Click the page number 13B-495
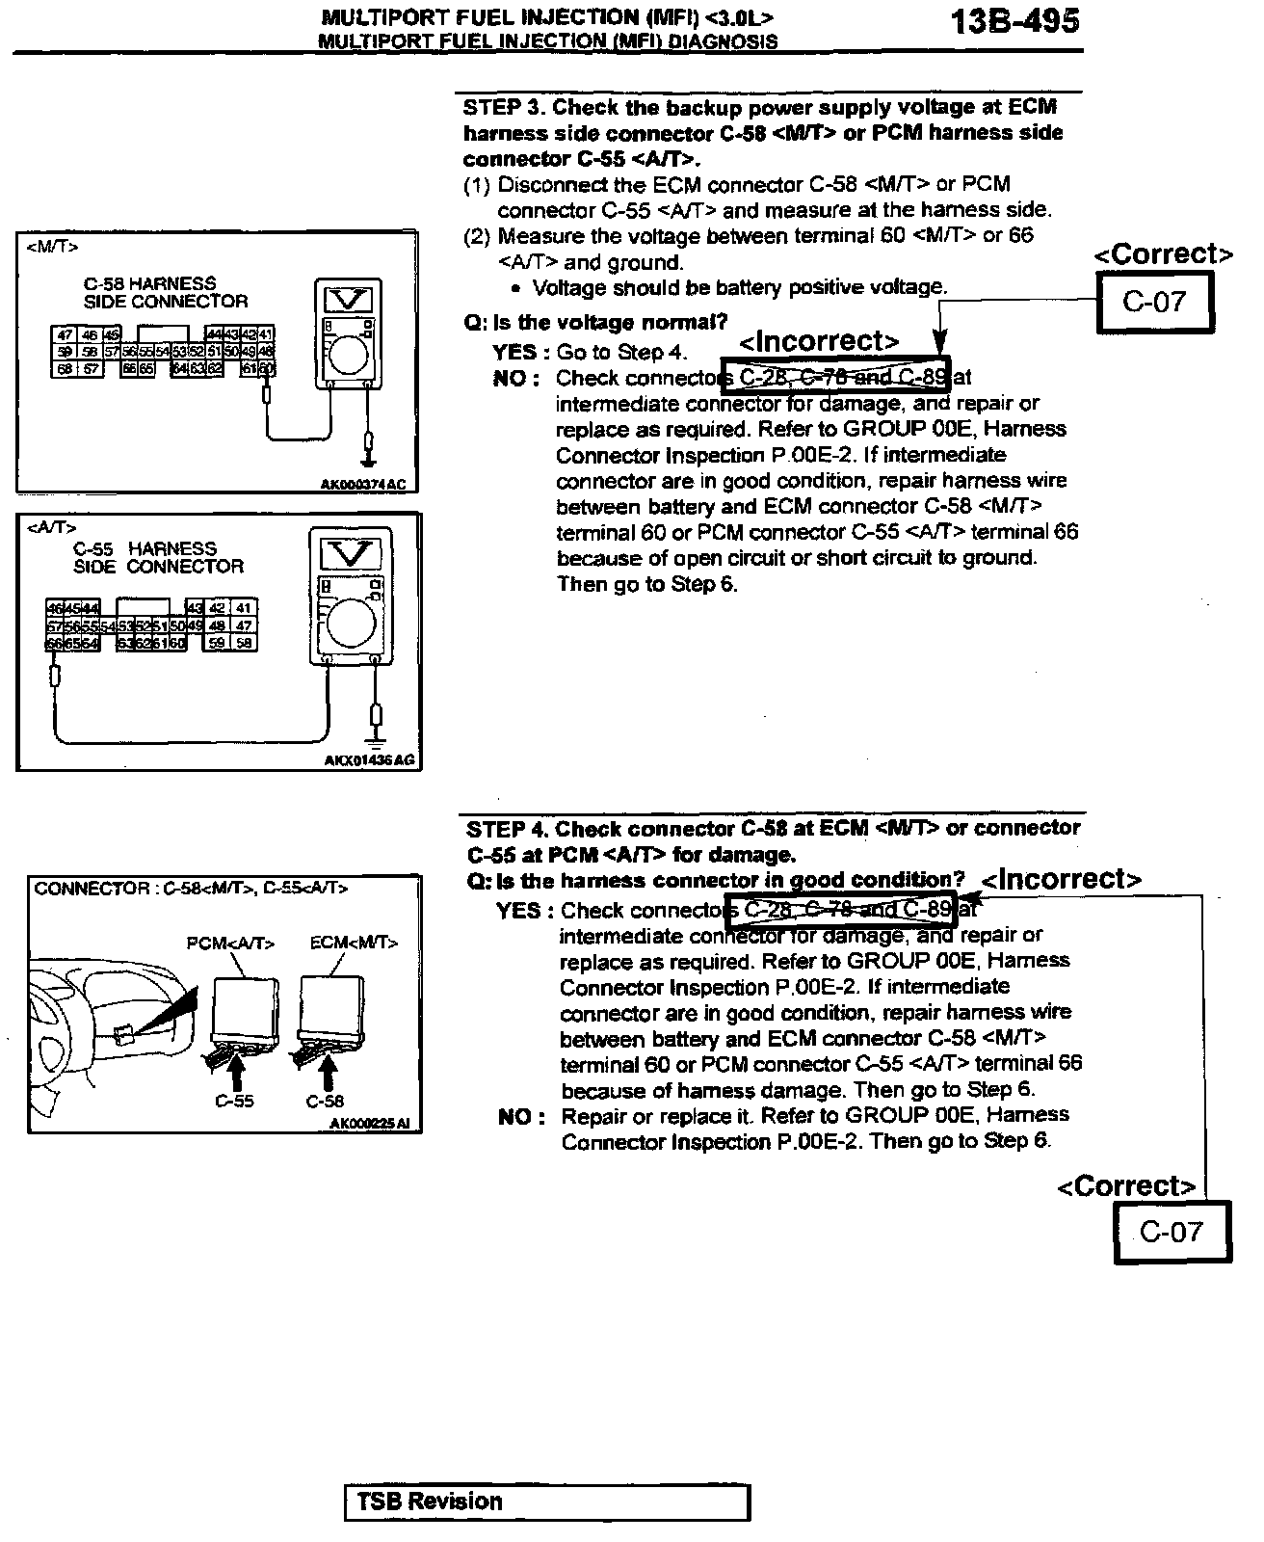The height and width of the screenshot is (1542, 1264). click(x=1014, y=21)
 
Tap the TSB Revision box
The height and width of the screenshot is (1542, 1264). click(x=546, y=1502)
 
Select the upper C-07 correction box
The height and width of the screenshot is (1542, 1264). click(x=1154, y=303)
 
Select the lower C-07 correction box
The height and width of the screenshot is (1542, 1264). click(x=1172, y=1232)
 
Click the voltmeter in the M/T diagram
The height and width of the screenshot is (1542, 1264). click(x=349, y=332)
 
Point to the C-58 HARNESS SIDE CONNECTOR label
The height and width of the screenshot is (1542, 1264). click(x=165, y=292)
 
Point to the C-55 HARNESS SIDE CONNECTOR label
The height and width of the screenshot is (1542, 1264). click(x=158, y=557)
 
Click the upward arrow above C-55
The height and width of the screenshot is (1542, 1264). click(x=234, y=1068)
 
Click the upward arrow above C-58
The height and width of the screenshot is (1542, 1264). click(x=328, y=1070)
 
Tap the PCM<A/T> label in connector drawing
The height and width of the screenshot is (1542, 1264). click(x=230, y=944)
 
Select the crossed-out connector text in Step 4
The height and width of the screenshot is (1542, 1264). click(x=846, y=909)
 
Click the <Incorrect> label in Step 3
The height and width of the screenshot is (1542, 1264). click(x=819, y=342)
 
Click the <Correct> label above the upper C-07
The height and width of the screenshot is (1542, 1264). click(x=1163, y=254)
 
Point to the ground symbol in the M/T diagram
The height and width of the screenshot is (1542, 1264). click(x=368, y=446)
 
